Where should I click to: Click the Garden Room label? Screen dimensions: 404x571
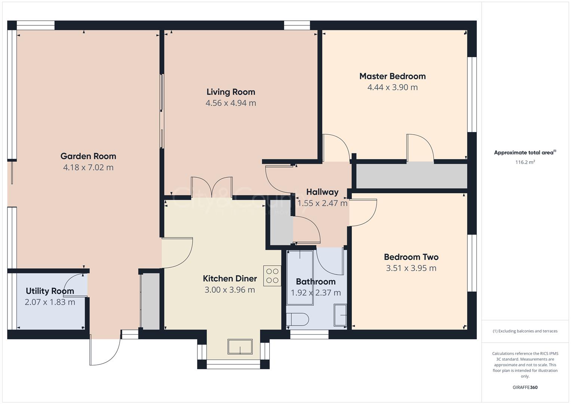click(88, 156)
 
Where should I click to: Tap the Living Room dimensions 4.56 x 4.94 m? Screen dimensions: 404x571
click(231, 103)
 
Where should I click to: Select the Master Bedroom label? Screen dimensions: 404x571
click(392, 76)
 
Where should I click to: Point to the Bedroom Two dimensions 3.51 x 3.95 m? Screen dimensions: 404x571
click(411, 268)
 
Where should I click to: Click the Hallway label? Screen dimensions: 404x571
click(322, 192)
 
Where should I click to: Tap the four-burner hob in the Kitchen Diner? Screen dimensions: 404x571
click(272, 276)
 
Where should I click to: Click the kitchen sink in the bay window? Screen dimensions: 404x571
click(240, 346)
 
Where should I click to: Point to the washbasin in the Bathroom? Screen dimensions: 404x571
click(340, 315)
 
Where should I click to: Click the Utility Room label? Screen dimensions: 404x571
click(50, 291)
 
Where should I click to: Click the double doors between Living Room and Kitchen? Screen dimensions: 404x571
click(211, 187)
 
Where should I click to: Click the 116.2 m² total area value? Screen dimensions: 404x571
click(525, 162)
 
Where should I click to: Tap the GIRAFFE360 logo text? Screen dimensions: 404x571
click(525, 387)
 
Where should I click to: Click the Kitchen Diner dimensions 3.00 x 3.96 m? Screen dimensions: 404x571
click(230, 290)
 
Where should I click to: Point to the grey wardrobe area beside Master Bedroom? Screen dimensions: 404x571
click(411, 176)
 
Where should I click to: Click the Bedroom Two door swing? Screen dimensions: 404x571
click(363, 212)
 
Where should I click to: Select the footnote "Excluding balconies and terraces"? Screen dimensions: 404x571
click(525, 331)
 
